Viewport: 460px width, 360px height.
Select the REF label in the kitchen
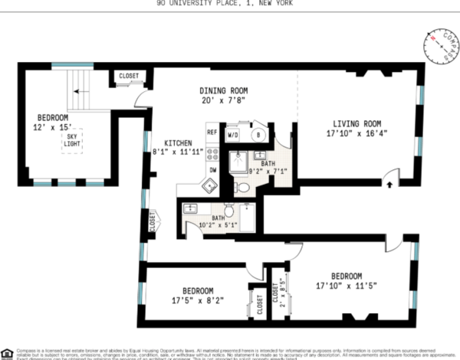tap(212, 133)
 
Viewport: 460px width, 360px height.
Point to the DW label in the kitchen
tap(212, 169)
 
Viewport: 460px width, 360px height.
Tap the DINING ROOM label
tap(224, 90)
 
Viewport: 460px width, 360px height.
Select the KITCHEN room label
tap(178, 141)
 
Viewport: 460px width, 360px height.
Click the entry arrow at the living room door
tap(389, 184)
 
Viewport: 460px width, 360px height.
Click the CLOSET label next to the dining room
tap(128, 76)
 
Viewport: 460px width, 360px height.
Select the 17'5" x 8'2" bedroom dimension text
tap(198, 301)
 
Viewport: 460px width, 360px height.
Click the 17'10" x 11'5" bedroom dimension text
tap(352, 286)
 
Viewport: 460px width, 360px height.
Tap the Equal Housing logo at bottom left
tap(7, 352)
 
